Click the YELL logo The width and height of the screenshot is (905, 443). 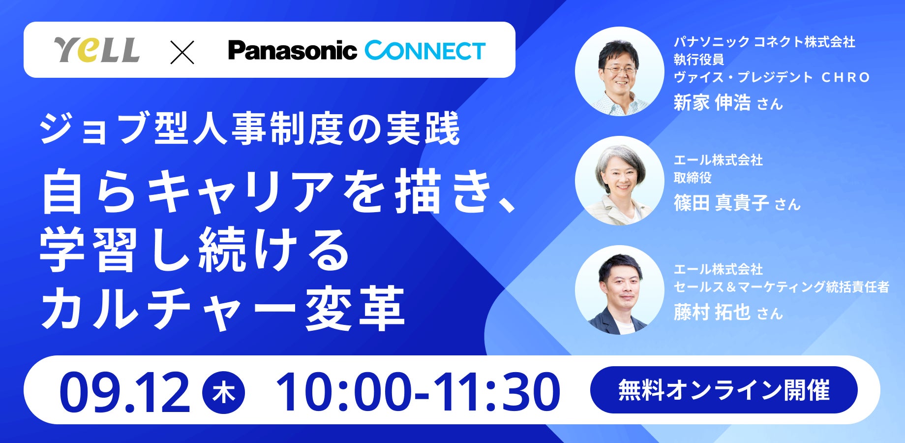tap(97, 50)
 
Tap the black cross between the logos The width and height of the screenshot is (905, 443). tap(182, 52)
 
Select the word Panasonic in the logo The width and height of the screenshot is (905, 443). tap(292, 51)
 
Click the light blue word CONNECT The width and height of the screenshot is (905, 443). tap(425, 51)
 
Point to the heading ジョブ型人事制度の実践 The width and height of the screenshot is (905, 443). tap(250, 129)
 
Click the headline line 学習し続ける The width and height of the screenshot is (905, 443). tap(195, 250)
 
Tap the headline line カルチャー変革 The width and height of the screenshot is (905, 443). tap(222, 308)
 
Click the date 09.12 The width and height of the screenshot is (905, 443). tap(124, 392)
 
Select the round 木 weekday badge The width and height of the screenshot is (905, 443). tap(224, 392)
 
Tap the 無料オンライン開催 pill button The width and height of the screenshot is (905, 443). tap(724, 390)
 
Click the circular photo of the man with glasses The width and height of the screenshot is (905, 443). tap(620, 72)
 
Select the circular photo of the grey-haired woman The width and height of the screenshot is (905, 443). tap(620, 181)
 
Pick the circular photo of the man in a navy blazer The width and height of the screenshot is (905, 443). tap(620, 290)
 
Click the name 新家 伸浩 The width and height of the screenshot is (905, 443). tap(712, 102)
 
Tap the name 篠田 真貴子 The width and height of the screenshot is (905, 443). tap(721, 202)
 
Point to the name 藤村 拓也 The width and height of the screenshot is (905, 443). tap(712, 312)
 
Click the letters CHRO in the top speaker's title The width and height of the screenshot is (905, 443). tap(846, 77)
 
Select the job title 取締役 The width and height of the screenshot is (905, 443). tap(693, 178)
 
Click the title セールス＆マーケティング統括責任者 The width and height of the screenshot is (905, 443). tap(782, 286)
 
